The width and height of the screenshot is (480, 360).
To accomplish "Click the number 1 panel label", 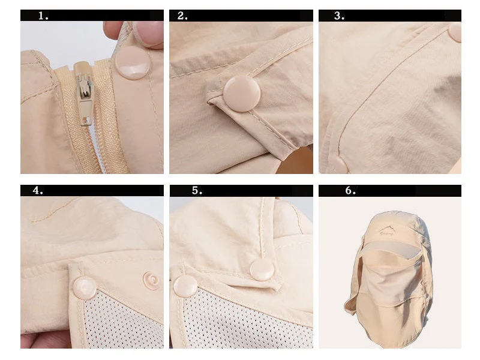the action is click(x=43, y=16).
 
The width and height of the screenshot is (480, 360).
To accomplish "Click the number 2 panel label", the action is click(x=182, y=16).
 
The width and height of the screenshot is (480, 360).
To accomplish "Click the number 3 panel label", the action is click(x=339, y=16).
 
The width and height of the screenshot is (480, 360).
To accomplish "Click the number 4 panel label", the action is click(x=38, y=190).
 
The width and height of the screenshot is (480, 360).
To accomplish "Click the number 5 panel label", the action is click(x=197, y=190).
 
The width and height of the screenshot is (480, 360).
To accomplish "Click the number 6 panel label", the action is click(x=350, y=190).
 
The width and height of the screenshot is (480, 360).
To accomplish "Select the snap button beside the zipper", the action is click(x=133, y=63).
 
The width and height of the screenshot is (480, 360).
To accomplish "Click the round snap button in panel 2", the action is click(x=242, y=94).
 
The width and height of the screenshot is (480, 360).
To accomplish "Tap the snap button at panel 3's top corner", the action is click(x=455, y=32).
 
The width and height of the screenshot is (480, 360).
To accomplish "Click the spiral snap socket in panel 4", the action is click(x=151, y=280).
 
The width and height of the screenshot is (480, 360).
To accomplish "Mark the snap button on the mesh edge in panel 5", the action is click(x=185, y=286).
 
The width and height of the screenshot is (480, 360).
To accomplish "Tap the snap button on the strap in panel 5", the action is click(x=262, y=269).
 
